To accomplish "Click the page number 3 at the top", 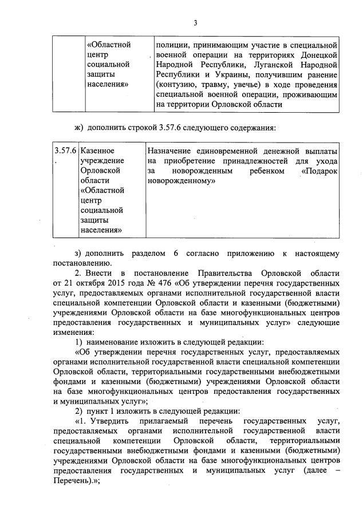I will click(195, 23).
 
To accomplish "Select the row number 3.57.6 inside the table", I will click(65, 151).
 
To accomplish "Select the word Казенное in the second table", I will click(98, 151).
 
